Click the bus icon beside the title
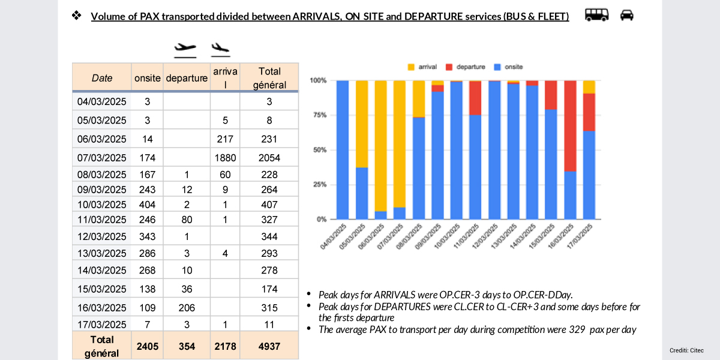[x=596, y=15]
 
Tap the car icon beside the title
[x=626, y=15]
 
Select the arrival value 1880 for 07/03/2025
[x=225, y=158]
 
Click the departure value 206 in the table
[x=187, y=308]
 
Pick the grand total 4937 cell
[x=269, y=347]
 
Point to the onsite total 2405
[x=147, y=347]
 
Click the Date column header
[x=102, y=77]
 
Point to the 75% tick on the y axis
[x=318, y=115]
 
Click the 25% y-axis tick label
[x=318, y=185]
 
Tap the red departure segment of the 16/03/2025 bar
[x=570, y=126]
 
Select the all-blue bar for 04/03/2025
[x=343, y=150]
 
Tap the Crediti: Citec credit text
[x=686, y=350]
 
